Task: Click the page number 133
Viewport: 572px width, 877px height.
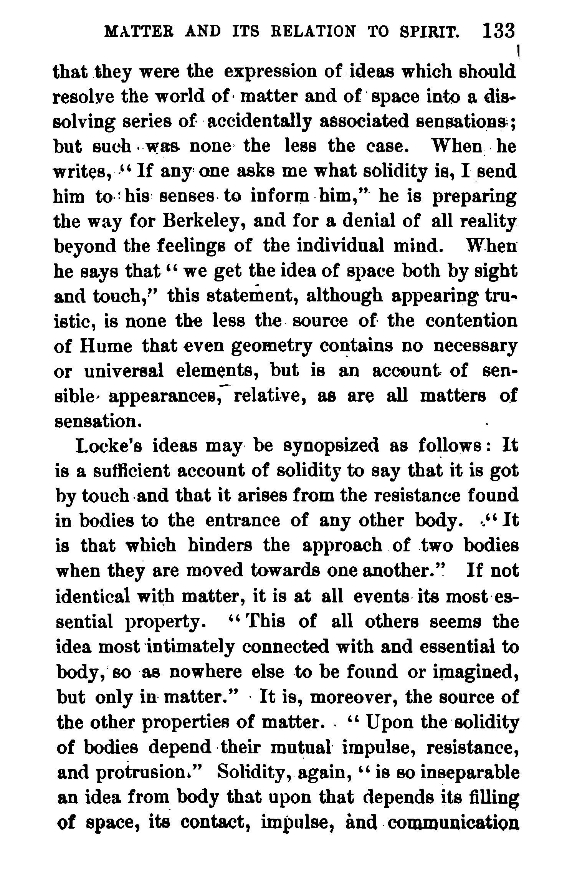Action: pyautogui.click(x=499, y=31)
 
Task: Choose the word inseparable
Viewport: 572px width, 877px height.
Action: pyautogui.click(x=468, y=772)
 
